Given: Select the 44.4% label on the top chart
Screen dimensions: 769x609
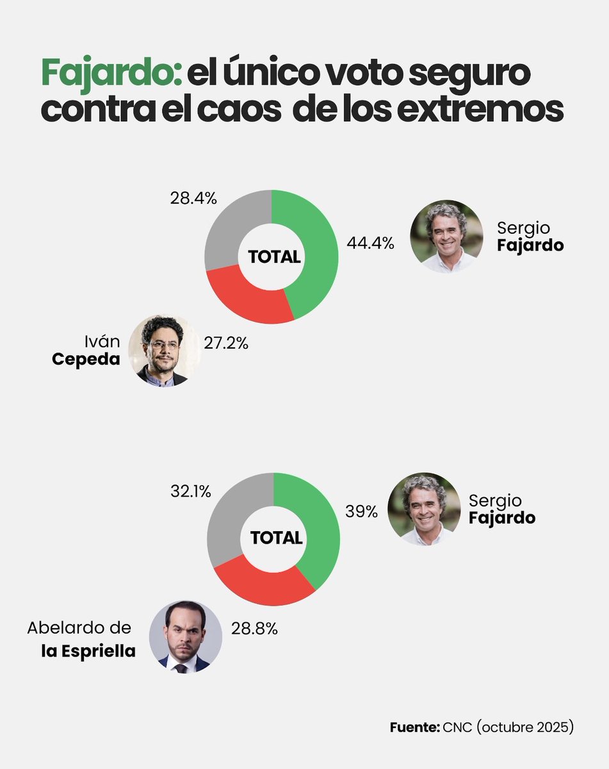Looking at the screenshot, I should pos(369,244).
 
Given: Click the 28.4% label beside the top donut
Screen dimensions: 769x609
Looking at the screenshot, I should pos(193,198).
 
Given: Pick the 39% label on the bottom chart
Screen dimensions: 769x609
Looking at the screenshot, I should pos(362,513).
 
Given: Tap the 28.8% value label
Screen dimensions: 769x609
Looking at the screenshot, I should pos(254,629).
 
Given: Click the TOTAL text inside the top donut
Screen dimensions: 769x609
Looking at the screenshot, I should pos(274,257).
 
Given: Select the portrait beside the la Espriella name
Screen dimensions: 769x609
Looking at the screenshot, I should pos(186,636).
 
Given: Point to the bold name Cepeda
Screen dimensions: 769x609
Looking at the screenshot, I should pos(86,359).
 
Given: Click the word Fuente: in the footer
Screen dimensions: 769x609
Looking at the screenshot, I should pos(414,727).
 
